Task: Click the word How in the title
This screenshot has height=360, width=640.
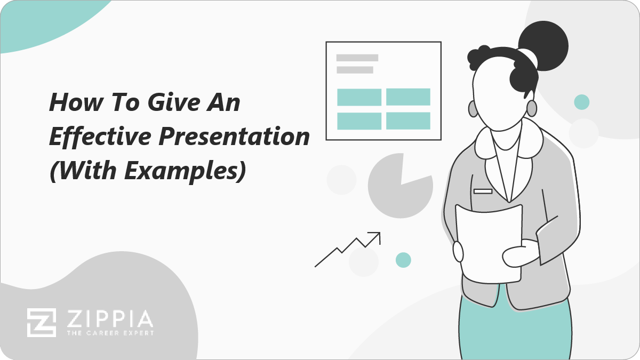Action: tap(76, 102)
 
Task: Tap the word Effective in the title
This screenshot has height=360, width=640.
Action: tap(100, 137)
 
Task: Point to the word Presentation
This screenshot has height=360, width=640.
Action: tap(234, 137)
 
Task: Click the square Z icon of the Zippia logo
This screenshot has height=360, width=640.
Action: tap(42, 323)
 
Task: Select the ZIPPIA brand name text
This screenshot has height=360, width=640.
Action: tap(110, 319)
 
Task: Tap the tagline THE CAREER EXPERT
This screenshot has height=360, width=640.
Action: tap(110, 333)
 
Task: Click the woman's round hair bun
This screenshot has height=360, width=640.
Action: tap(543, 46)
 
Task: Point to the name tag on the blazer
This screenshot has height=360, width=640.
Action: tap(483, 191)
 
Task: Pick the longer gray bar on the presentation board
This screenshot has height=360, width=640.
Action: tap(357, 58)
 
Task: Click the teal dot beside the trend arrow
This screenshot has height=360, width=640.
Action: tap(403, 260)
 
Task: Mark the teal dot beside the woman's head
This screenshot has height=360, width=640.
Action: tap(582, 102)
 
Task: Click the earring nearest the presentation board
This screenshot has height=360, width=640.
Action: tap(473, 109)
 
